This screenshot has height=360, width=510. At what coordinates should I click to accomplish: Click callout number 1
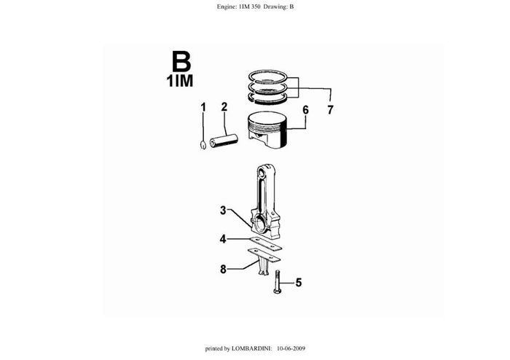tap(203, 107)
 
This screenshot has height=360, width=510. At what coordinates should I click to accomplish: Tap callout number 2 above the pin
tap(224, 107)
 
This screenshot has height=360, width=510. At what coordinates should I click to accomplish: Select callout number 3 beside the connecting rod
tap(223, 211)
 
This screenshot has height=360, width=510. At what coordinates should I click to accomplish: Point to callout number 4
tap(223, 240)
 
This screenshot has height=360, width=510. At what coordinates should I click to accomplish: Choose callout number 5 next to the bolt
tap(299, 283)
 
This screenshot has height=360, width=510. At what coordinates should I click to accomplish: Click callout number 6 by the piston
tap(305, 110)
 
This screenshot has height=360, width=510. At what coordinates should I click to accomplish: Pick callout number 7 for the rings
tap(331, 110)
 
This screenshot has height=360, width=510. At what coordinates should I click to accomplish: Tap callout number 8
tap(223, 269)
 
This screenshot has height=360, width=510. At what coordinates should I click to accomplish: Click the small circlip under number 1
tap(203, 145)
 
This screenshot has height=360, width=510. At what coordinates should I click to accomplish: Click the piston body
tap(267, 130)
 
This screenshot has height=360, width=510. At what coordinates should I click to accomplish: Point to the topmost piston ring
tap(268, 77)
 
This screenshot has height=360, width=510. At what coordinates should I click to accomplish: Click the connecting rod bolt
tap(278, 281)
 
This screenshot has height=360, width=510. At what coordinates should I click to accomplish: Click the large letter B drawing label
tap(181, 62)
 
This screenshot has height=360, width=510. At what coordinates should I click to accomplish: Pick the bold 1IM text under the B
tap(180, 81)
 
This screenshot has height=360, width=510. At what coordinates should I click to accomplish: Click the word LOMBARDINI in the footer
tap(252, 348)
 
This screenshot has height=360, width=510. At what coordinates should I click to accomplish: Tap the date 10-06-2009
tap(291, 348)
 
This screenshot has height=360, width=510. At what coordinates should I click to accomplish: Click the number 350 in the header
tap(255, 7)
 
